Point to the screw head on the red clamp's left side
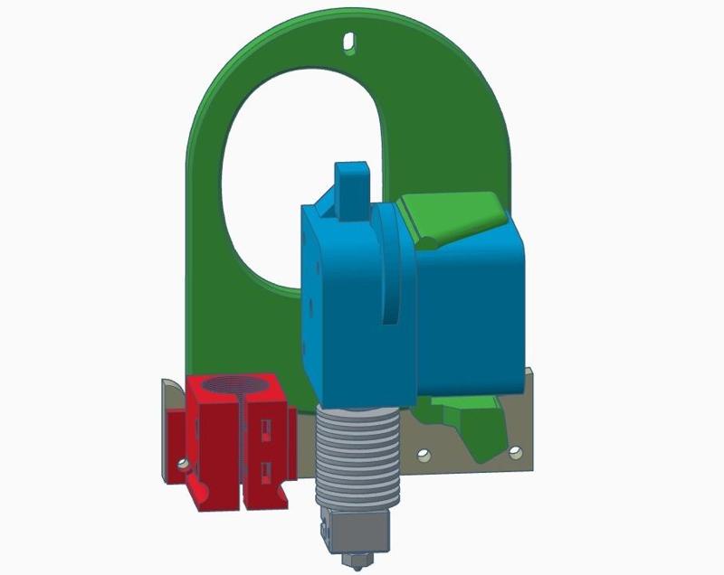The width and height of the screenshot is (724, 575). point(183,464)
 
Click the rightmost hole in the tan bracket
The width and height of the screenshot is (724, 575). point(516,451)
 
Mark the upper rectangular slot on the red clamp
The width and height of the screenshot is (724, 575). point(266,425)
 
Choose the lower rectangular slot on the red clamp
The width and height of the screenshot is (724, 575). point(266,470)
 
